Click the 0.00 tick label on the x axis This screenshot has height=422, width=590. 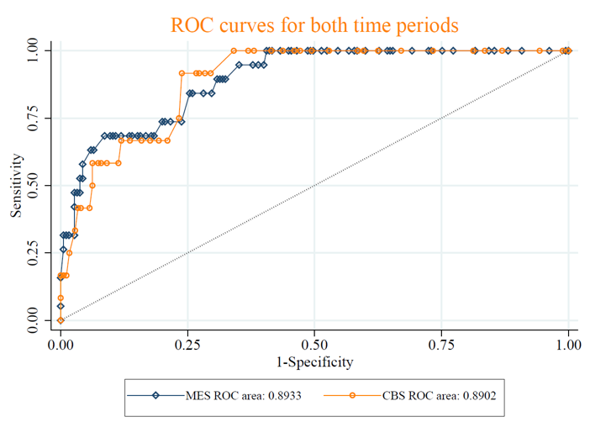(x=61, y=345)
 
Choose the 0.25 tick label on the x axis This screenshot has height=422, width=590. (x=187, y=345)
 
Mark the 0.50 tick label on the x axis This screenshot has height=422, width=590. (x=314, y=345)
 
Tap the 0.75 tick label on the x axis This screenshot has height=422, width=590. (x=442, y=345)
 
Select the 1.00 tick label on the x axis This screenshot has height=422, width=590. (x=569, y=345)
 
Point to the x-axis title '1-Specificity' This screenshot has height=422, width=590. (x=314, y=362)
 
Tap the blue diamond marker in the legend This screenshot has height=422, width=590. (x=155, y=394)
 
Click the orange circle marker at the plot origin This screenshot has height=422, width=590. (x=61, y=320)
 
